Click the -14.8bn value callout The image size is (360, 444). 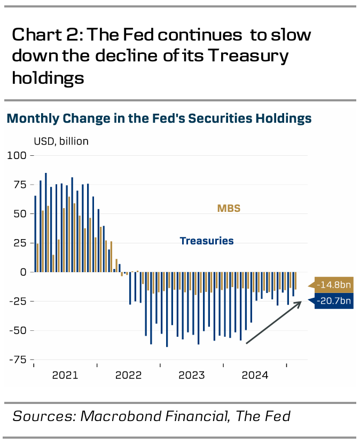click(x=333, y=285)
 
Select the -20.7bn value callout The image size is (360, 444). click(x=333, y=302)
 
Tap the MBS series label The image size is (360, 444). click(x=229, y=208)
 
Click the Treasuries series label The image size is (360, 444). click(x=207, y=241)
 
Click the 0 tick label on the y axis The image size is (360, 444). click(x=23, y=272)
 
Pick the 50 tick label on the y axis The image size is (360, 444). click(x=20, y=214)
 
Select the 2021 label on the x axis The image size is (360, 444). click(x=65, y=375)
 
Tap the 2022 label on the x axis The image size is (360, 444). click(x=128, y=375)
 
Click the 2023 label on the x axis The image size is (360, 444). click(x=192, y=375)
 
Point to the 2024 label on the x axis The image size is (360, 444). click(x=255, y=375)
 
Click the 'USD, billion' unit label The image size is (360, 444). click(x=61, y=141)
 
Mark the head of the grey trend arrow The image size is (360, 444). click(x=301, y=302)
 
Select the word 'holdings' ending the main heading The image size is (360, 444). click(x=48, y=78)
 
